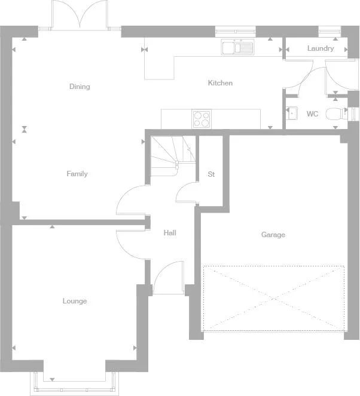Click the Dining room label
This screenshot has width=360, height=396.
click(80, 87)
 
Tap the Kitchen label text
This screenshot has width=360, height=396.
click(220, 83)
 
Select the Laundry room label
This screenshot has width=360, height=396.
click(321, 48)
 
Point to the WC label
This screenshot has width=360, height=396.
click(312, 113)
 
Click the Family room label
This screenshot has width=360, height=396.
click(77, 174)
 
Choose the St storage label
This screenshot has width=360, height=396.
click(211, 174)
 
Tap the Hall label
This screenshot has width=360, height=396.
click(170, 233)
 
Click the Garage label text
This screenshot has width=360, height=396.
click(273, 235)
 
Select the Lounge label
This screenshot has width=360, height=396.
click(75, 301)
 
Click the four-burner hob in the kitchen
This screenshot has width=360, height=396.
click(202, 119)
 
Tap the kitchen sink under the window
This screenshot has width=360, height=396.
click(237, 47)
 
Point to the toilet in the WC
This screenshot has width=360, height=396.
click(338, 115)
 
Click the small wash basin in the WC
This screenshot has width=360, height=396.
click(292, 113)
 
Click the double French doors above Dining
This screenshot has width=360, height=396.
click(80, 15)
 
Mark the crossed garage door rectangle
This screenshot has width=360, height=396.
click(274, 297)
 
